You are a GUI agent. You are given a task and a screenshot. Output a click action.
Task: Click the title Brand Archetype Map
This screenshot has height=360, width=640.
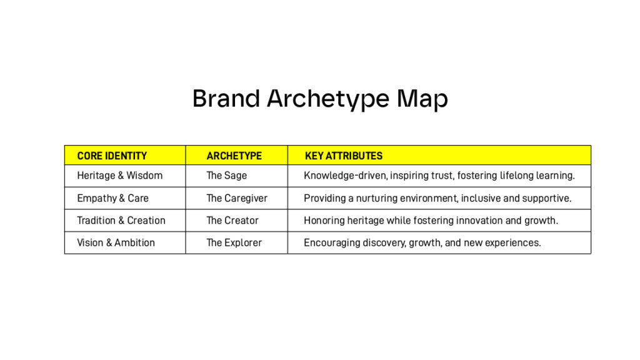pyautogui.click(x=320, y=99)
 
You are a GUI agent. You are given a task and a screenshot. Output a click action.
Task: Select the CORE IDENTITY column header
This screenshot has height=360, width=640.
pyautogui.click(x=112, y=156)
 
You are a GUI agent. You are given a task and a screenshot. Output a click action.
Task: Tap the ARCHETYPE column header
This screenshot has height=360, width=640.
pyautogui.click(x=234, y=156)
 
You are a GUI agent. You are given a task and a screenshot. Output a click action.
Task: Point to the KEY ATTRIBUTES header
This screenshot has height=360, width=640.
pyautogui.click(x=344, y=156)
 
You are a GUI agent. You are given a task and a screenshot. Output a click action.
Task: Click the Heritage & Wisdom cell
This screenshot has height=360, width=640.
pyautogui.click(x=119, y=176)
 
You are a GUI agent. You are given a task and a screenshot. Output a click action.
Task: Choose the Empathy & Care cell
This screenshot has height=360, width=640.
pyautogui.click(x=112, y=198)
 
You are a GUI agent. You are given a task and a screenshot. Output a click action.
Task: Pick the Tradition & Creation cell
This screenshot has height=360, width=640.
pyautogui.click(x=121, y=221)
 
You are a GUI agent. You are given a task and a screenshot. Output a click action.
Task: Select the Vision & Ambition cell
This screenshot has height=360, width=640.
pyautogui.click(x=116, y=243)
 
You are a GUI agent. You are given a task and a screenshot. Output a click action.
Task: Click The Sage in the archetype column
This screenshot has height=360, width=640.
pyautogui.click(x=226, y=176)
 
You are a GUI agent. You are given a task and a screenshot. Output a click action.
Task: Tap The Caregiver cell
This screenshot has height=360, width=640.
pyautogui.click(x=237, y=198)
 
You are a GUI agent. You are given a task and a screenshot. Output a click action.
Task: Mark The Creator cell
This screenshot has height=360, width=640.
pyautogui.click(x=232, y=221)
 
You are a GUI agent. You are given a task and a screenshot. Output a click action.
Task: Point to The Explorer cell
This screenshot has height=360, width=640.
pyautogui.click(x=234, y=243)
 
